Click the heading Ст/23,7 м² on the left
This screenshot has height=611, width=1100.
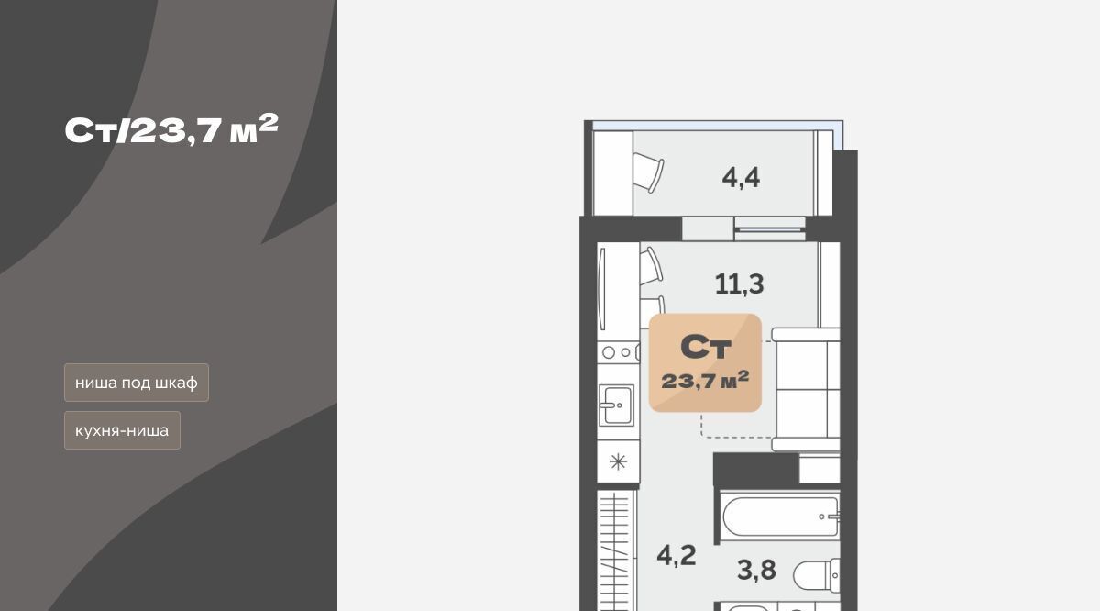[171, 129]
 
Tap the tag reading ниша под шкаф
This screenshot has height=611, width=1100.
[137, 383]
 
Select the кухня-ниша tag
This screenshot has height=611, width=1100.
[122, 430]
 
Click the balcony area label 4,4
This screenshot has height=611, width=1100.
[741, 177]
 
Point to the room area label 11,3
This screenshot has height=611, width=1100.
[739, 284]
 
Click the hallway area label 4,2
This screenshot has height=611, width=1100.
[676, 555]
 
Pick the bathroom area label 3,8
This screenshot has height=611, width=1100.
[757, 570]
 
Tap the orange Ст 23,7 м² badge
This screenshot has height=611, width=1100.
[705, 362]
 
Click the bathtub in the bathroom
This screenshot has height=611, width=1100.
[780, 517]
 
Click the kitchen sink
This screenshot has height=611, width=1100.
[616, 405]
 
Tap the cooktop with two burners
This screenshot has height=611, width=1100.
[618, 352]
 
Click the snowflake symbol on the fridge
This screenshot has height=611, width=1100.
[618, 461]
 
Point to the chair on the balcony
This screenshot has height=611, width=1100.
[648, 172]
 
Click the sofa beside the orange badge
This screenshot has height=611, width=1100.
[806, 389]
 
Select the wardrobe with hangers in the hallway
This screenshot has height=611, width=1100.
[616, 550]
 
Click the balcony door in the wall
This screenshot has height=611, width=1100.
[770, 229]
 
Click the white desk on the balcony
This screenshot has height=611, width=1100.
[613, 173]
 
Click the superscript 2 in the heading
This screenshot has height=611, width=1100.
[269, 123]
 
